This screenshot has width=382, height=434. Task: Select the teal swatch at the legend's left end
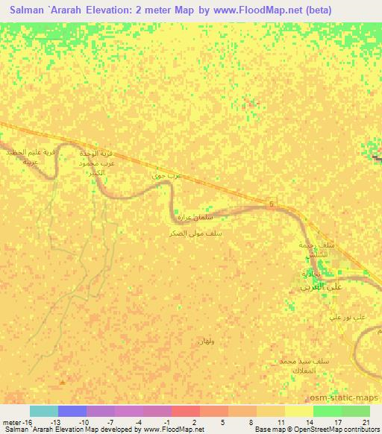click(x=43, y=411)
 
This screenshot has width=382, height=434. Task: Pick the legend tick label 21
click(x=366, y=422)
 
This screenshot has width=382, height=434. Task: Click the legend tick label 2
click(x=194, y=422)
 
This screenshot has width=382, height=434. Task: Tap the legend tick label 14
click(x=309, y=422)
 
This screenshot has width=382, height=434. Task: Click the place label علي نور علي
click(x=348, y=317)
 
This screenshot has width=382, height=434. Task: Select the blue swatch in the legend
click(x=72, y=411)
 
